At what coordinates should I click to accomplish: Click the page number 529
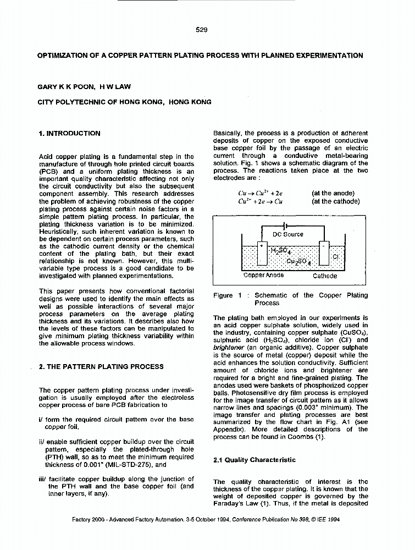tap(201, 30)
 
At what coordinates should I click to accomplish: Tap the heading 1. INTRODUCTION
tap(70, 133)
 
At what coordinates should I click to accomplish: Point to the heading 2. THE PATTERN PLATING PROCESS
tap(101, 366)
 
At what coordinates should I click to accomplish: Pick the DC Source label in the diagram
tap(287, 234)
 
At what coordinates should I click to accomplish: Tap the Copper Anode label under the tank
tap(263, 276)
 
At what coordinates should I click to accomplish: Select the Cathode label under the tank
tap(324, 276)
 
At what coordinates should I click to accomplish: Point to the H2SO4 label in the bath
tap(280, 251)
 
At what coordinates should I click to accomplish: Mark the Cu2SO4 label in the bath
tap(299, 262)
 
